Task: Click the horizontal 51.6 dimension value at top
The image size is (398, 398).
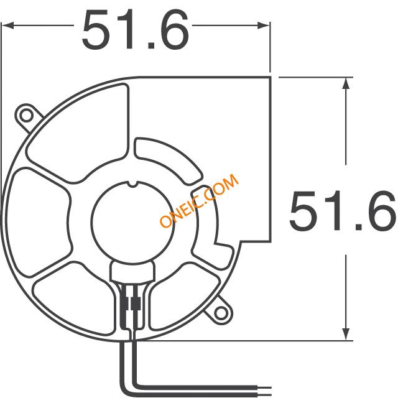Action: point(136,29)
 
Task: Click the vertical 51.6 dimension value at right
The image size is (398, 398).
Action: point(343,211)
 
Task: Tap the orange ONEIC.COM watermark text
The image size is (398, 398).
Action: point(199,200)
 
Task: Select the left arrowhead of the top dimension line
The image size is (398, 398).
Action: point(7,25)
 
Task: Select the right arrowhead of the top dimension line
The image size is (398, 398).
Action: point(264,25)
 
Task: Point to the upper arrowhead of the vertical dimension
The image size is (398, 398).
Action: point(346,83)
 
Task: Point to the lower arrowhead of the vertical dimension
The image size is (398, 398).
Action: point(346,334)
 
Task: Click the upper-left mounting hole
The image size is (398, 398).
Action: point(26,116)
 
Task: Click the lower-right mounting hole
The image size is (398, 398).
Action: point(221,313)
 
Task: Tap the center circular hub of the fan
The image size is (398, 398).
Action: point(132,223)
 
